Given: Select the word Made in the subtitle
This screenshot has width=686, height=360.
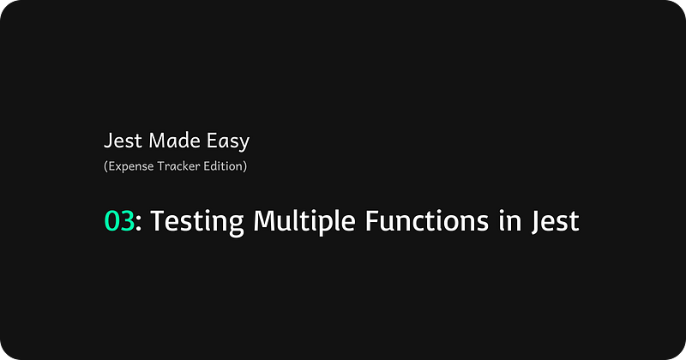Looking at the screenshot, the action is [175, 141].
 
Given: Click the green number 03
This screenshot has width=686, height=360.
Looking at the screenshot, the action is [119, 220].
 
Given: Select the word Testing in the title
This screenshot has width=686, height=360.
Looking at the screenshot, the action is [197, 222].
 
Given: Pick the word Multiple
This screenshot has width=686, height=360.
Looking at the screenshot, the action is [304, 221].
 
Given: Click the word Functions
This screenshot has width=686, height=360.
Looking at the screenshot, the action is [426, 220].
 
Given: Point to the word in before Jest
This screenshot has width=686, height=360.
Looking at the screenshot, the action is [510, 220].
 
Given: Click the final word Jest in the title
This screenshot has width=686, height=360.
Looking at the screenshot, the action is [556, 222].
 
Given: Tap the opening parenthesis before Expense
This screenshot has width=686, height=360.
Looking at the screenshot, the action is [105, 166].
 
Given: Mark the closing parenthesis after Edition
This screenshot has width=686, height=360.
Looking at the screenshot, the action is [245, 166].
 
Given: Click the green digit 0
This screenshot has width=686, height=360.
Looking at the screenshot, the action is [111, 220].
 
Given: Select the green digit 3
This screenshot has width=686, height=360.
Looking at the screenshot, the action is [127, 220].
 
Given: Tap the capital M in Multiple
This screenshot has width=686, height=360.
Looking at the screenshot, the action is [266, 220].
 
